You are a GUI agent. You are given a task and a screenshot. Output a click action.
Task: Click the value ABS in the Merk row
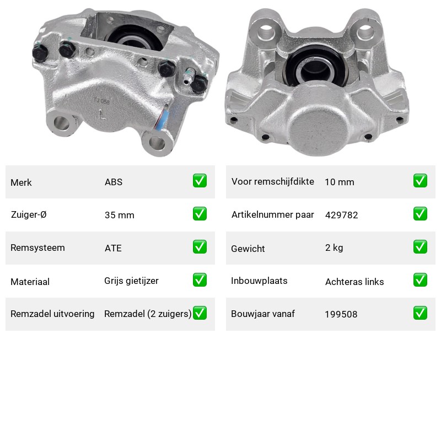pos(114,182)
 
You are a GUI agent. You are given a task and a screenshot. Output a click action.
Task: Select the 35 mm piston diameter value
pos(119,215)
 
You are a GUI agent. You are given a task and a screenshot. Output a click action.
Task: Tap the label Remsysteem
pos(37,248)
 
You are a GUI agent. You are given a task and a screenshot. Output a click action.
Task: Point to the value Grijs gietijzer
pos(131,281)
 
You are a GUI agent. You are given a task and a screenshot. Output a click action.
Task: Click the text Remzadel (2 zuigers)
pos(148,314)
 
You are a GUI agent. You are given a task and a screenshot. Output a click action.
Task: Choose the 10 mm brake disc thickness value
pos(340,182)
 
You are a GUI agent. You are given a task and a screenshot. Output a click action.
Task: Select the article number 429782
pos(341,215)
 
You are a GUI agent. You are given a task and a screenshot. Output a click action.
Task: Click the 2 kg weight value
pos(334,248)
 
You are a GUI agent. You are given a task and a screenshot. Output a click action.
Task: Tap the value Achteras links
pos(354,282)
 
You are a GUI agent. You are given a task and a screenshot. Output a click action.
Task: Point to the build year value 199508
pos(341,314)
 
